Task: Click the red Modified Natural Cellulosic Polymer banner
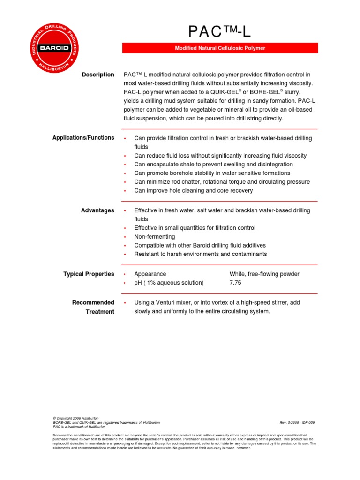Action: (x=220, y=48)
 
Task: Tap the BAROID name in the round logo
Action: (x=55, y=48)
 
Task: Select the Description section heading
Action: (x=98, y=75)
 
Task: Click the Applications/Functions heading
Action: (x=83, y=138)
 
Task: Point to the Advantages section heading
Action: (x=97, y=210)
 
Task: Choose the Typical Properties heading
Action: (x=89, y=274)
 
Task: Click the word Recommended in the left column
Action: (x=93, y=303)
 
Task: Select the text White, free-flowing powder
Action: (x=264, y=274)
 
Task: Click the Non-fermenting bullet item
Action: (x=154, y=237)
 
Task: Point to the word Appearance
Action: (x=150, y=274)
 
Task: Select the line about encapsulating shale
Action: (x=213, y=165)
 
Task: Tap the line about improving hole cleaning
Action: (x=193, y=191)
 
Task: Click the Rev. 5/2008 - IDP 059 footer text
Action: (x=297, y=422)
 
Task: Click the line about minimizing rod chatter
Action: (x=222, y=182)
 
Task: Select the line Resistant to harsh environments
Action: (x=200, y=254)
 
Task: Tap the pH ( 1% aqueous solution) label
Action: (x=169, y=283)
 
